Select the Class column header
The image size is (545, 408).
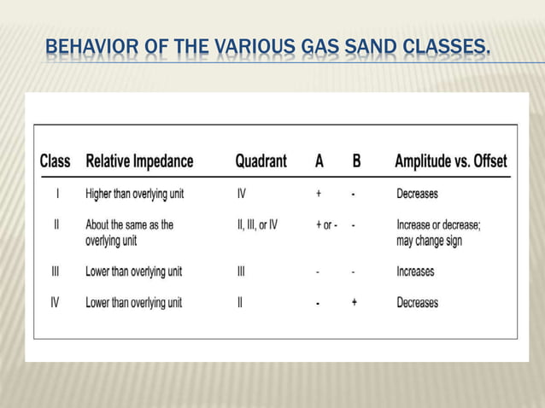point(56,160)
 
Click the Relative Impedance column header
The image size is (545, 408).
point(140,160)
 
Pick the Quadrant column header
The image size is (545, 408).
point(261,160)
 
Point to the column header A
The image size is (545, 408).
point(319,160)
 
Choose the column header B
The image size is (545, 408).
point(356,160)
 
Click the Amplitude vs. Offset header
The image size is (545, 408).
point(451,160)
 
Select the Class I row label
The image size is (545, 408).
point(56,194)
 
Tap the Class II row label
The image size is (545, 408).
point(56,224)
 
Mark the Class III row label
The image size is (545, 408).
point(56,271)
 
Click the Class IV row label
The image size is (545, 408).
point(56,302)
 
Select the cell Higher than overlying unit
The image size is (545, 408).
point(134,194)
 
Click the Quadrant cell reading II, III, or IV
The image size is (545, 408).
point(257,224)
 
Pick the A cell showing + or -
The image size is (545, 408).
point(326,224)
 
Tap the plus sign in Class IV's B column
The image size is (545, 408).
point(355,302)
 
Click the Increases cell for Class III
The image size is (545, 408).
point(415,271)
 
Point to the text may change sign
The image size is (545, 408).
point(430,241)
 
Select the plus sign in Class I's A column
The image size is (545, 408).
point(319,194)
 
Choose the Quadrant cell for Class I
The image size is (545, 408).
point(242,194)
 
